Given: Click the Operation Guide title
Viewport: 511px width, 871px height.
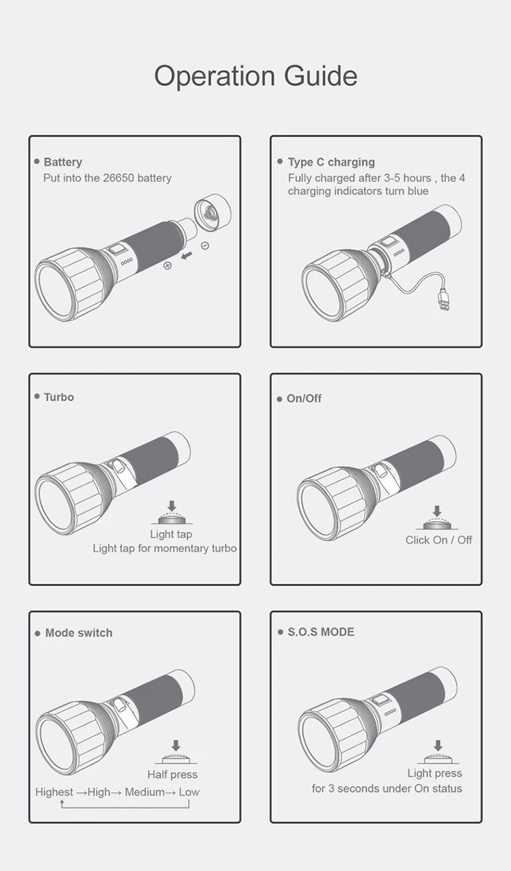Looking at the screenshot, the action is point(255,76).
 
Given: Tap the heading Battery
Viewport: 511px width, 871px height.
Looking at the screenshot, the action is point(63,162).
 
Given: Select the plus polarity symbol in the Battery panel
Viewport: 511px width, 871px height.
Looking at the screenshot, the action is point(168,265).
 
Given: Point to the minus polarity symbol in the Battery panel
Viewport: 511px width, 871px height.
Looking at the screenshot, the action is point(205,246).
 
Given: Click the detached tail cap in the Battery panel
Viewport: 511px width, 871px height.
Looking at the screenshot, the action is point(213,213).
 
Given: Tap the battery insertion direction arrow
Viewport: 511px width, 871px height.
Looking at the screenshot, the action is point(187,256).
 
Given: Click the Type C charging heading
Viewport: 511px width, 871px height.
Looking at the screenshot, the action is point(331,162).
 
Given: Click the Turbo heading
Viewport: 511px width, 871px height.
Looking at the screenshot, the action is point(59,397).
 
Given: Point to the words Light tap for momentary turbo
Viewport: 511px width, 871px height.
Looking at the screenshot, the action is point(165,548).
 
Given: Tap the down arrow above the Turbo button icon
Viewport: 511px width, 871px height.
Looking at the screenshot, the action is point(172,506).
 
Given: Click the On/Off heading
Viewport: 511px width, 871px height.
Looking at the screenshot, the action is point(304,398).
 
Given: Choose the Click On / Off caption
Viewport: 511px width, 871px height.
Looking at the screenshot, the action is point(439,540).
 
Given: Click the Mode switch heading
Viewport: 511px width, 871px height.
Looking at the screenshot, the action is point(79,633).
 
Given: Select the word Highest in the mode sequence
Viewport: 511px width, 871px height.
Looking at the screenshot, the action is point(54,792).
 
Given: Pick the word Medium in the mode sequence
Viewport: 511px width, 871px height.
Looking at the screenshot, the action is point(144,792).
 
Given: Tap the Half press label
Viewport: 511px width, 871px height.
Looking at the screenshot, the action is point(172,775).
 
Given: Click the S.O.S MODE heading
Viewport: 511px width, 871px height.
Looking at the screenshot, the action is point(321,632).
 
